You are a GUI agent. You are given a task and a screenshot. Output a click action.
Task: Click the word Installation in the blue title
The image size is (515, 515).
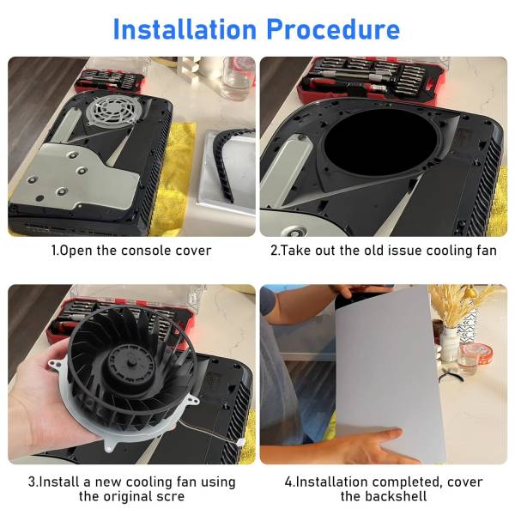pos(185,29)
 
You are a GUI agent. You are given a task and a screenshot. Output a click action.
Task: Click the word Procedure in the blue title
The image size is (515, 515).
pos(333,29)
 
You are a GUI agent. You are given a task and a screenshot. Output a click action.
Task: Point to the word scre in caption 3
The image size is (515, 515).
pos(170,496)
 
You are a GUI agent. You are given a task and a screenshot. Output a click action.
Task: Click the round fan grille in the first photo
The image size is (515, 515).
pos(111,109)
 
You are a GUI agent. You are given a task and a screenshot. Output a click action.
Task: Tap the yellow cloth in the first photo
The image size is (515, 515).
pos(173,178)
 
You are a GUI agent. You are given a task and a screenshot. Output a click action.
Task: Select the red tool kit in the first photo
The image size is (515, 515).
pos(110,80)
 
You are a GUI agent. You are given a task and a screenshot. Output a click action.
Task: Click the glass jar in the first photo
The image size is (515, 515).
pos(237,78)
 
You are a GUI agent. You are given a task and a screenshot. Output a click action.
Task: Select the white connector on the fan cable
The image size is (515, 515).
pos(240,443)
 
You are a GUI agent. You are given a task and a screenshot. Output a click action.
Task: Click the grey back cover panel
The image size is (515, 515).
pos(388,371)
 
